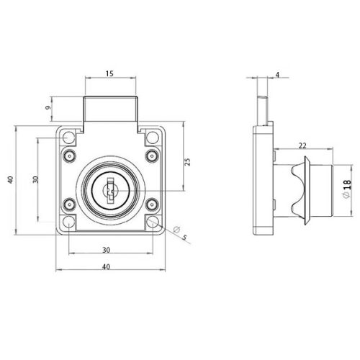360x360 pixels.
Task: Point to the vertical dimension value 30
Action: [34, 180]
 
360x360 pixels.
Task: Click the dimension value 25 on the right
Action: [187, 162]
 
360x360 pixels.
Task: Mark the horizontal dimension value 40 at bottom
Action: [106, 267]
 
